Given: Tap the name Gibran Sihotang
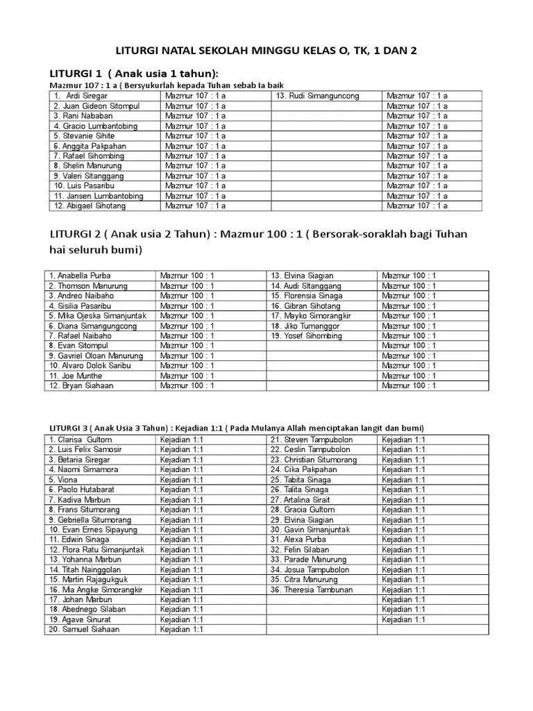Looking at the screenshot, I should (x=306, y=306).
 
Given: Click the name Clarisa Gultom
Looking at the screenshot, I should (x=81, y=440).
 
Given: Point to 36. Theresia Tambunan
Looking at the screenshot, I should (x=312, y=589).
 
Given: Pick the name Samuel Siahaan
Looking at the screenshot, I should (x=84, y=630).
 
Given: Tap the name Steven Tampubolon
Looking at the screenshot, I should (x=312, y=440).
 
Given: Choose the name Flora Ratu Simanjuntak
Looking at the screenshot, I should (x=96, y=549).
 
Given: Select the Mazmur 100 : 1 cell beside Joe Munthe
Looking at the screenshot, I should (x=187, y=375).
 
